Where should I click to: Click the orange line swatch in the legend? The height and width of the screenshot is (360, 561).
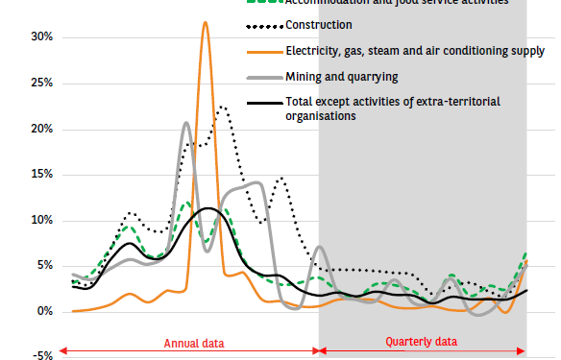pyautogui.click(x=262, y=50)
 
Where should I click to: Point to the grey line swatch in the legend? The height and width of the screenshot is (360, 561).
pyautogui.click(x=262, y=76)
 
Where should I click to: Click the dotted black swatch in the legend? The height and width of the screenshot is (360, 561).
pyautogui.click(x=262, y=24)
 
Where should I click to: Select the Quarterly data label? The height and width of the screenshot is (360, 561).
pyautogui.click(x=422, y=341)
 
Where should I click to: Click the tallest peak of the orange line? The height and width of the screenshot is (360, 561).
pyautogui.click(x=205, y=22)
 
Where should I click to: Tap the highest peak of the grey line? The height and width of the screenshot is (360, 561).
pyautogui.click(x=186, y=123)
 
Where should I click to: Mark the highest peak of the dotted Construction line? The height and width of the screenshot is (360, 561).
pyautogui.click(x=222, y=107)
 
